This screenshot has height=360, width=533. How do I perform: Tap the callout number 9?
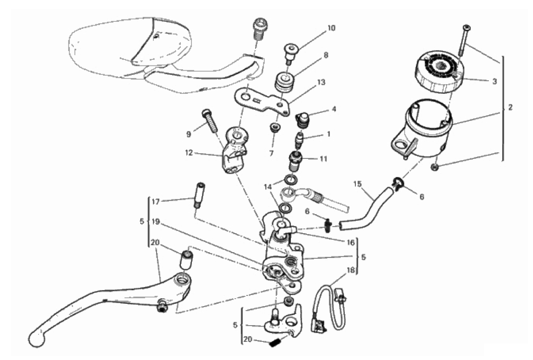pos(189,134)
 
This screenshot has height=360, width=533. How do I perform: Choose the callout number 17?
pos(156,201)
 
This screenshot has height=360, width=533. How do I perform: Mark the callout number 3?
pos(494,81)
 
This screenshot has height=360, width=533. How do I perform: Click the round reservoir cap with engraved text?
pos(440,68)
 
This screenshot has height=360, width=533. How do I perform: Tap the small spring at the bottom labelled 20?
pos(275,344)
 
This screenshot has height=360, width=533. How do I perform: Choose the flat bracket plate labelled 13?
pos(260,99)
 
